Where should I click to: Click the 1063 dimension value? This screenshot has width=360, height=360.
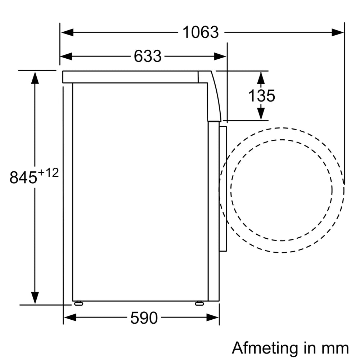[201, 32]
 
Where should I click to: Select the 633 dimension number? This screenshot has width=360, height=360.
[148, 56]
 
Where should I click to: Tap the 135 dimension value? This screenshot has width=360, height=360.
[262, 96]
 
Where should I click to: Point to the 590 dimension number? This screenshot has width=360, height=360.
[144, 318]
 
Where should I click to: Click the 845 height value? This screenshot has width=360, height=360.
[23, 178]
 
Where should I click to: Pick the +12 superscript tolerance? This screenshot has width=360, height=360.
[48, 173]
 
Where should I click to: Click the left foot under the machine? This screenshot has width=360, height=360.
[78, 303]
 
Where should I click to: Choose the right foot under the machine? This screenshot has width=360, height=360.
[199, 303]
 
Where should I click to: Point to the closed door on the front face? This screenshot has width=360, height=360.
[223, 189]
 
